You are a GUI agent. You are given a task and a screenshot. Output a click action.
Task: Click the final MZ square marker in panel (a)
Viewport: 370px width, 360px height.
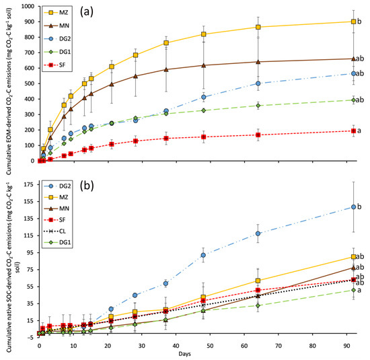[353, 22]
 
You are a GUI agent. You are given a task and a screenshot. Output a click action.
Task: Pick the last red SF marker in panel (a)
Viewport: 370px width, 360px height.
[353, 131]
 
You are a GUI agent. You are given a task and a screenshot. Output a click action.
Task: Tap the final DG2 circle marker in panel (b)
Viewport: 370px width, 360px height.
[353, 207]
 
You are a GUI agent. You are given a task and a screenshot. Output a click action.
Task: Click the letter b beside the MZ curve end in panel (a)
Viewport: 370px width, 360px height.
[362, 22]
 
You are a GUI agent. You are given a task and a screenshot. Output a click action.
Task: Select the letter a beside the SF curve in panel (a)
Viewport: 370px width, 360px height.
[362, 131]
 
